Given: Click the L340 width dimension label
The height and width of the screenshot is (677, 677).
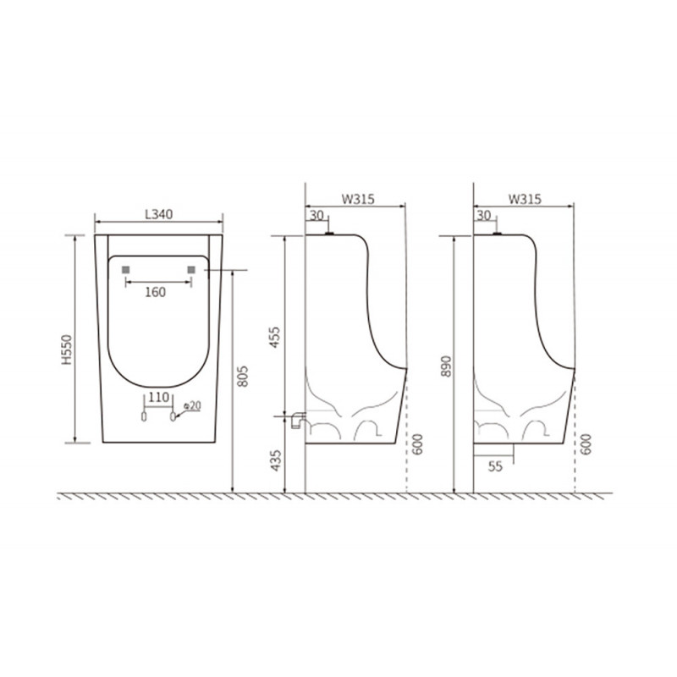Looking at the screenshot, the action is point(159,214).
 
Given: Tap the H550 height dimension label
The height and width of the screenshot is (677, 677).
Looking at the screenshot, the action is point(67,350).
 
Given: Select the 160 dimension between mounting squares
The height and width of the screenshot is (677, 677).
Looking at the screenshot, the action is point(155,292).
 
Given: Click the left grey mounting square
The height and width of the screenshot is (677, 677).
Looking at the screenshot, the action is point(125,270).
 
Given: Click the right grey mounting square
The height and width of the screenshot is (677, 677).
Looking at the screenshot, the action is point(191,270).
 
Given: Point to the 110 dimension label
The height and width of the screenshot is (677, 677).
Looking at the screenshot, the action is point(158,397).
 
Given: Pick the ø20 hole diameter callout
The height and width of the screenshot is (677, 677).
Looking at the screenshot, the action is point(192,406).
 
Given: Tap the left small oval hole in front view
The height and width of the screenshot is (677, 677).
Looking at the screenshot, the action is point(144,416).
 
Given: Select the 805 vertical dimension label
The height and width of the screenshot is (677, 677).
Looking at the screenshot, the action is point(243,376).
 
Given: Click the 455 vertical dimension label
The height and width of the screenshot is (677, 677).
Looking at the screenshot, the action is point(274,338).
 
